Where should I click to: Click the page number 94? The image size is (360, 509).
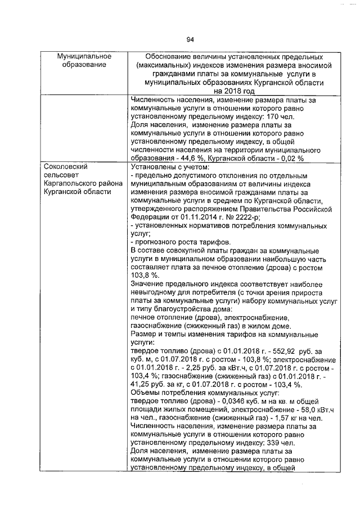pos(190,39)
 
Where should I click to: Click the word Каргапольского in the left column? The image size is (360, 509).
pos(70,184)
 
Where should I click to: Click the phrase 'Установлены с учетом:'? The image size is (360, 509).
pos(169,167)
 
